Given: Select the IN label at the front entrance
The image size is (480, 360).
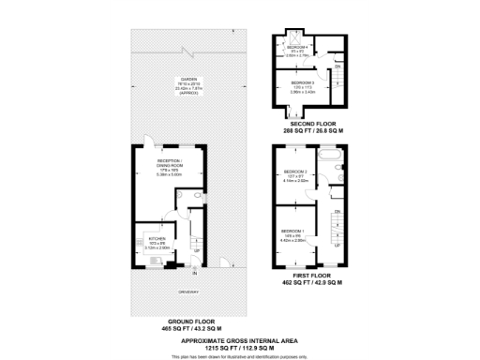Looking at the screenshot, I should [x=195, y=274].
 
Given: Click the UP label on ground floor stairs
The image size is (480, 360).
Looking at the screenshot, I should [x=196, y=250].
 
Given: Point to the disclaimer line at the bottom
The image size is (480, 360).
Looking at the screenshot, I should [x=239, y=356].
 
